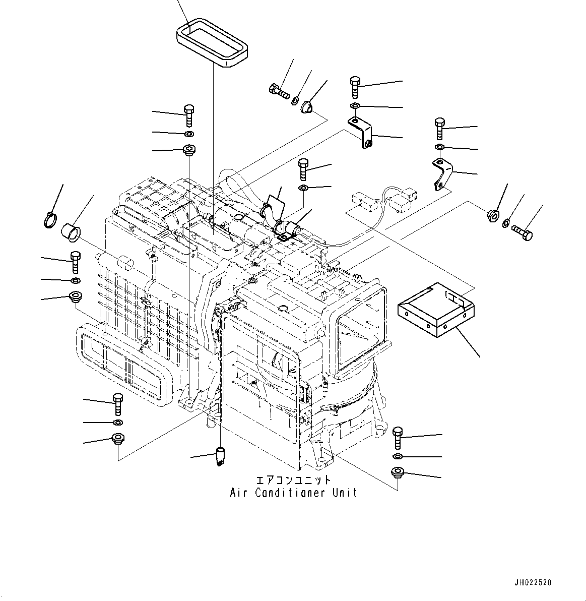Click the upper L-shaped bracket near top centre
361,131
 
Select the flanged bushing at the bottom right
398,473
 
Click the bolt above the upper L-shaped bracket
355,87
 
